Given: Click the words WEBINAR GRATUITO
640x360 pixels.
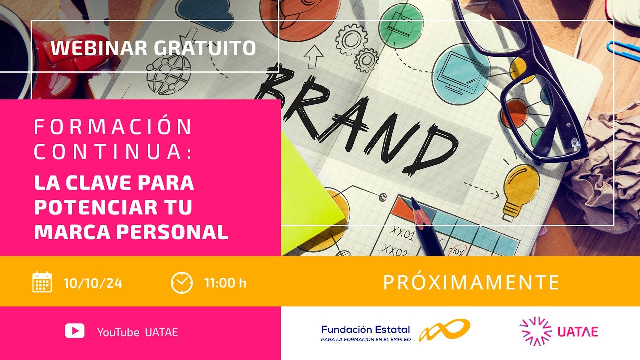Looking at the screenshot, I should click(x=153, y=48).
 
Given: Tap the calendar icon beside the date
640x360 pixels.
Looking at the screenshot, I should click(x=42, y=282).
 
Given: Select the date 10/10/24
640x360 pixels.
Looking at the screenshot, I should click(x=93, y=283).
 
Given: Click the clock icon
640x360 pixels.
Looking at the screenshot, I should click(x=181, y=282).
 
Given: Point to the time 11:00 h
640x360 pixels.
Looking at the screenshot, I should click(x=225, y=283).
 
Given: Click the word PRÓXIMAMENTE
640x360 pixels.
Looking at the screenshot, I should click(x=471, y=283).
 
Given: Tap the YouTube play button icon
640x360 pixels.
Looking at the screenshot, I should click(x=75, y=331).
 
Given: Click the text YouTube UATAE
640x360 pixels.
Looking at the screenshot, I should click(x=137, y=332).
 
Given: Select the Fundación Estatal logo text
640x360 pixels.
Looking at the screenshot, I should click(x=365, y=333).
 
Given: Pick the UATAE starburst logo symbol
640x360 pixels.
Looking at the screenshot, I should click(x=535, y=331).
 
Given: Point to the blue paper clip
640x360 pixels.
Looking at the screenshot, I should click(x=622, y=50).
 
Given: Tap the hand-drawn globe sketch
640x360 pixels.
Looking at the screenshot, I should click(x=168, y=75).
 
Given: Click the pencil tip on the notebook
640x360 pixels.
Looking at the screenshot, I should click(x=414, y=202).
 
